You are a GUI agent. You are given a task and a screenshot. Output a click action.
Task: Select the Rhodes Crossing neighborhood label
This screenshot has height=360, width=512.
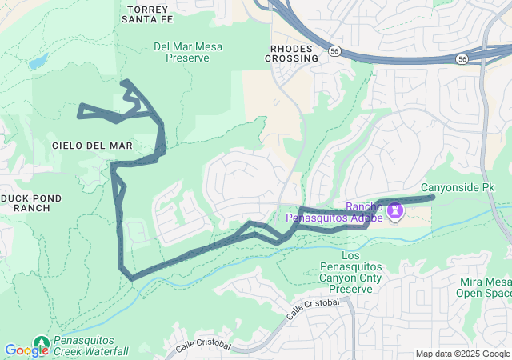290,53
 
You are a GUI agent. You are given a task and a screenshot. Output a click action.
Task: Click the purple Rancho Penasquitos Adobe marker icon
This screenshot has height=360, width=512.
394,210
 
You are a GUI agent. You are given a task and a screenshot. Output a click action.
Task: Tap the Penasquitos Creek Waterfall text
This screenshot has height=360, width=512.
90,346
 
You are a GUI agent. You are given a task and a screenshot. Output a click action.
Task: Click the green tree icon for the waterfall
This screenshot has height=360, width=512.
41,343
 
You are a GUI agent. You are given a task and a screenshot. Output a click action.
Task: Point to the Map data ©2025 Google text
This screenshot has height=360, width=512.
462,354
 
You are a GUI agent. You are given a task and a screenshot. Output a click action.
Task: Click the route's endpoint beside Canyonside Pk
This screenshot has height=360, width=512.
433,197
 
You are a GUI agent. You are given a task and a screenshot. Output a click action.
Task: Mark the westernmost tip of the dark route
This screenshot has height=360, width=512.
79,116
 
